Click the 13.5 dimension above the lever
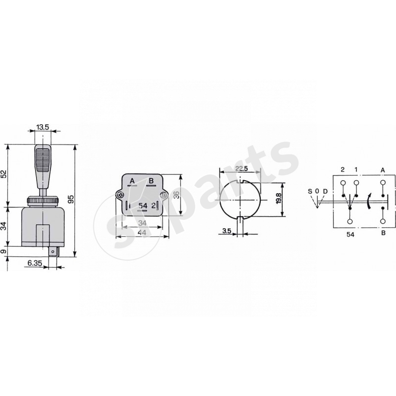(x=43, y=127)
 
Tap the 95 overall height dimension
(x=71, y=199)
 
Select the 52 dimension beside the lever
(x=4, y=174)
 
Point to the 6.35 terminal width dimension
(x=35, y=263)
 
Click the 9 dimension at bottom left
(x=4, y=251)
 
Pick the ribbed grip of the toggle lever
(x=43, y=160)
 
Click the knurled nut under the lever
(x=43, y=201)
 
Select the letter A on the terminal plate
(x=132, y=181)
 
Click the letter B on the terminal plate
(x=151, y=181)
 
